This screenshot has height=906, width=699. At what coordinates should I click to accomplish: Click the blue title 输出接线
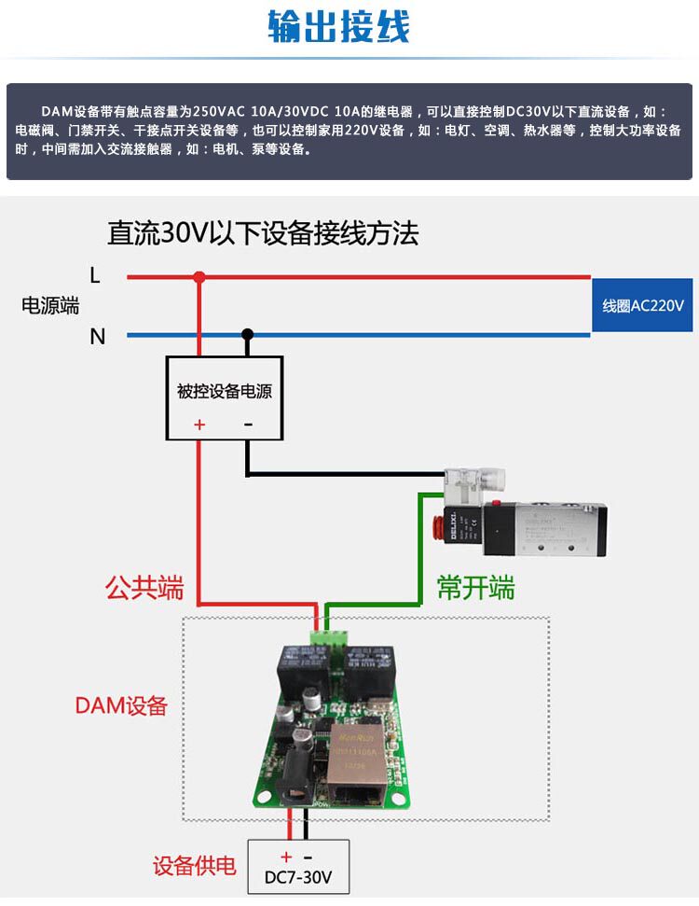coord(338,27)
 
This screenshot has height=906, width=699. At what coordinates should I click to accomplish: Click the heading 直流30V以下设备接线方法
coord(263,232)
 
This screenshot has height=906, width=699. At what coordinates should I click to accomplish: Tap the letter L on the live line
coord(95,275)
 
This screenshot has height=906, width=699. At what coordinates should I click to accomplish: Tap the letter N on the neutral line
coord(97,336)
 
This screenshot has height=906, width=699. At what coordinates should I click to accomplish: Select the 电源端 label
coord(50,305)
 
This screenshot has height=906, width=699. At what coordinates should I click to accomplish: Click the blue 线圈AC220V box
coord(642,305)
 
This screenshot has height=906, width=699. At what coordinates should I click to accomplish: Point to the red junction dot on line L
coord(199,276)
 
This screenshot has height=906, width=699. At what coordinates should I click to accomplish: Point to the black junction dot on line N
coord(247,334)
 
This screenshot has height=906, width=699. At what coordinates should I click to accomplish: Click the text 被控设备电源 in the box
coord(224,391)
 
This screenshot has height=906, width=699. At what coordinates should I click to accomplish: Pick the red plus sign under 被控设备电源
coord(199,425)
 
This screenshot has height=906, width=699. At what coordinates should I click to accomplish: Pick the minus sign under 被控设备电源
coord(248,425)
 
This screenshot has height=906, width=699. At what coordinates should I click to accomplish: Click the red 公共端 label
coord(144,589)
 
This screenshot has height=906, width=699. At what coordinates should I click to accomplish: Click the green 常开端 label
coord(475,589)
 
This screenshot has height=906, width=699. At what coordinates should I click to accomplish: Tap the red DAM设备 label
coord(121,705)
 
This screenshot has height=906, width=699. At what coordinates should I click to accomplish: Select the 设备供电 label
coord(195,866)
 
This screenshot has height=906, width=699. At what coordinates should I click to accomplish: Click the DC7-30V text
coord(298,878)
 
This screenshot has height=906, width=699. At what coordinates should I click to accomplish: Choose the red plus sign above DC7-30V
coord(286,857)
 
